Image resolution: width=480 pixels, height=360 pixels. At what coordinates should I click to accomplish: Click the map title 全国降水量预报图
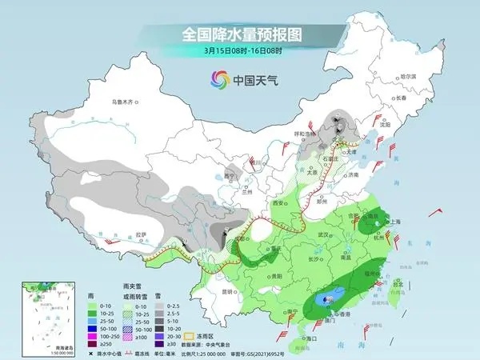240,34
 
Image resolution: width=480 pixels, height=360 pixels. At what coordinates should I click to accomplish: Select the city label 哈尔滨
408,76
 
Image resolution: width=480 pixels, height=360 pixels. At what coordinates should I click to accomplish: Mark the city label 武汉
322,234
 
